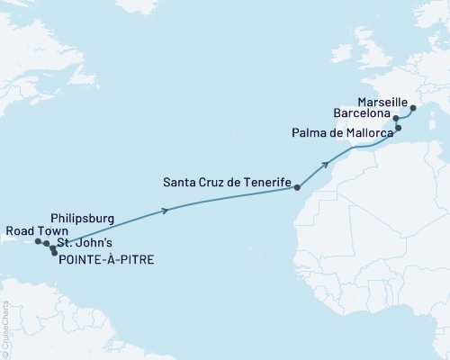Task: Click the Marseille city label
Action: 382,101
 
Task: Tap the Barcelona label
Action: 361,115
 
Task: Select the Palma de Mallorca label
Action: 343,133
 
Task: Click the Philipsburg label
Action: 84,218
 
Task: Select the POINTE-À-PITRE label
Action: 105,260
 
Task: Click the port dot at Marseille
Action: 413,110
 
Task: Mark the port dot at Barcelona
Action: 396,118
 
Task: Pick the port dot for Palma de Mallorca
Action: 399,129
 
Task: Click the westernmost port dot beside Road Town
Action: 38,241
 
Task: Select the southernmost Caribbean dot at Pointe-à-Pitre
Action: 55,252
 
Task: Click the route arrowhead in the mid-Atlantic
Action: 166,211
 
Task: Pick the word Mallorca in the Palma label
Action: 368,133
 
